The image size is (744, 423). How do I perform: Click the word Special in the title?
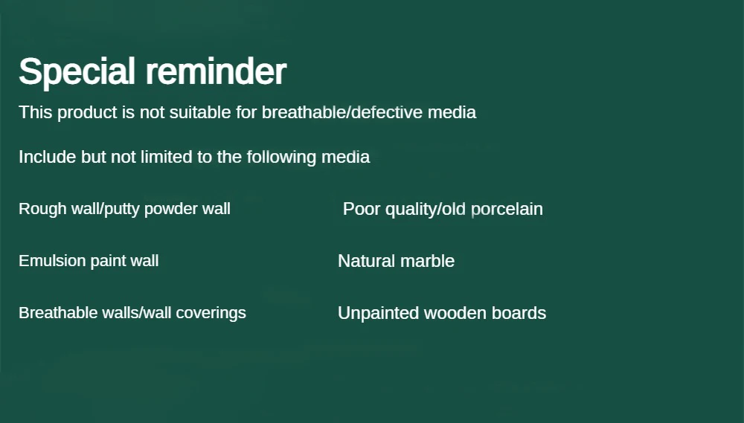[x=77, y=72]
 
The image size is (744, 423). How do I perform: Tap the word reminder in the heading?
[x=216, y=71]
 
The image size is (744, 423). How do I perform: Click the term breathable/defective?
[x=342, y=112]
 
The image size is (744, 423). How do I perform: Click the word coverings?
[x=211, y=314]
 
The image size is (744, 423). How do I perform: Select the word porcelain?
[x=507, y=210]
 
